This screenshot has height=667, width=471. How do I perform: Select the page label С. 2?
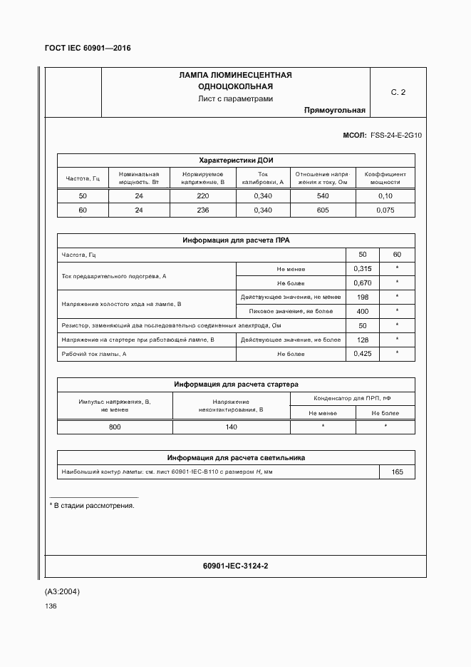(398, 93)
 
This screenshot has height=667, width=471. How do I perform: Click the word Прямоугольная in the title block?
(334, 111)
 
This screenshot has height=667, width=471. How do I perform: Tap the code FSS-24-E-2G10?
(396, 135)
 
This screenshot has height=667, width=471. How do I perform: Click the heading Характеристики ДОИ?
(236, 160)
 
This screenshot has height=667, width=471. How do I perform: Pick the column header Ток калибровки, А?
(263, 178)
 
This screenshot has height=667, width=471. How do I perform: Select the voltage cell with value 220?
(203, 196)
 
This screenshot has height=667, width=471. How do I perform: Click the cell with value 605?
(323, 210)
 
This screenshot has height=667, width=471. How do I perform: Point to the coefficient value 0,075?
(385, 210)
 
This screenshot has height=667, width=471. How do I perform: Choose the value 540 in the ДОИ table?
(323, 196)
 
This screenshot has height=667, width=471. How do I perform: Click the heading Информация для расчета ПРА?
(236, 240)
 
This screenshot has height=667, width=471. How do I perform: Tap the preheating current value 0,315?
(363, 269)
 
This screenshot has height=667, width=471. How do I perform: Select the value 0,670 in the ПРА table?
(363, 283)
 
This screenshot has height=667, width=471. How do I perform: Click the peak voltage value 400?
(363, 312)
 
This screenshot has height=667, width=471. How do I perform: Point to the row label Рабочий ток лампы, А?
(94, 354)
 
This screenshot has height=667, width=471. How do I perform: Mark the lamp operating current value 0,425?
(363, 354)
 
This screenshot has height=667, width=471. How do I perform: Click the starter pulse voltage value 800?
(115, 427)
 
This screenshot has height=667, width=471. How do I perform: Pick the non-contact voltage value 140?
(232, 427)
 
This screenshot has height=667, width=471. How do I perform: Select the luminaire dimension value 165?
(397, 472)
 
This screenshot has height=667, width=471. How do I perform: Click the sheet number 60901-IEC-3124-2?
(236, 566)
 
